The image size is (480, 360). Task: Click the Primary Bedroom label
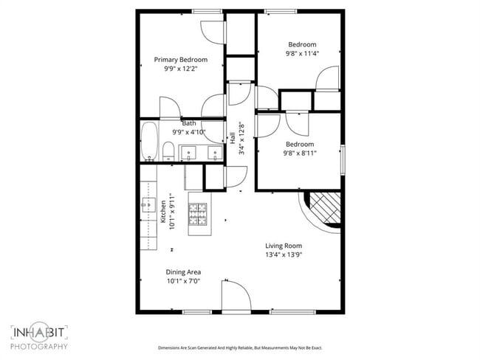(x=180, y=60)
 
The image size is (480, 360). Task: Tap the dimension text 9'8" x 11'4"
(x=301, y=53)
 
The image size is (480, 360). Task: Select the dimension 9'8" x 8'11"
(x=300, y=153)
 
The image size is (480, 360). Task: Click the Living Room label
(x=284, y=246)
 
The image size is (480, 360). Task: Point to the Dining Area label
(x=182, y=271)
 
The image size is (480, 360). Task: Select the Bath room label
(x=189, y=123)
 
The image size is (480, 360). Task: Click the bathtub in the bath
(x=148, y=142)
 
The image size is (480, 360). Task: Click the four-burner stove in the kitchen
(x=199, y=214)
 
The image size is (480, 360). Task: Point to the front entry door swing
(x=235, y=295)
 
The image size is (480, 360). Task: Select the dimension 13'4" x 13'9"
(x=284, y=255)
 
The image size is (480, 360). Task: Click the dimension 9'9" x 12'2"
(x=180, y=69)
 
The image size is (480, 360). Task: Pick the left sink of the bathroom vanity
(x=188, y=153)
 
